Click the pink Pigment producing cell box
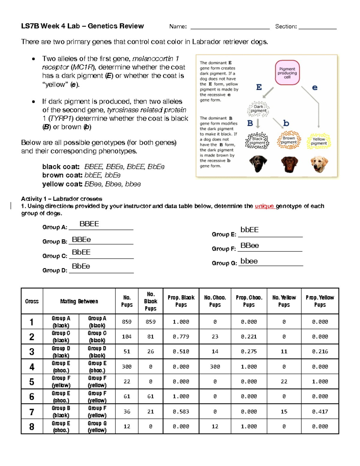point(287,73)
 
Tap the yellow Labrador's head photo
point(319,164)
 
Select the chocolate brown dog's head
point(289,164)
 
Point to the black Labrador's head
point(258,164)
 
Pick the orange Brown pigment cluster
point(289,140)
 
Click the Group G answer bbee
point(249,261)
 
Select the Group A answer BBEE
point(89,224)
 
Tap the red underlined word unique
point(264,206)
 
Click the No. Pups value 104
point(127,337)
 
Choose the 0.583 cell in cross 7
point(181,412)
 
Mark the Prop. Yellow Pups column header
point(320,301)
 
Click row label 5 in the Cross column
point(32,382)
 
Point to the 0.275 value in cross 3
point(249,351)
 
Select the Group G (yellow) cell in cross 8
point(97,426)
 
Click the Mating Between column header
point(79,301)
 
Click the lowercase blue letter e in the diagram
point(315,88)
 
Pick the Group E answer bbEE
point(249,230)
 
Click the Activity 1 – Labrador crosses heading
point(61,199)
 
